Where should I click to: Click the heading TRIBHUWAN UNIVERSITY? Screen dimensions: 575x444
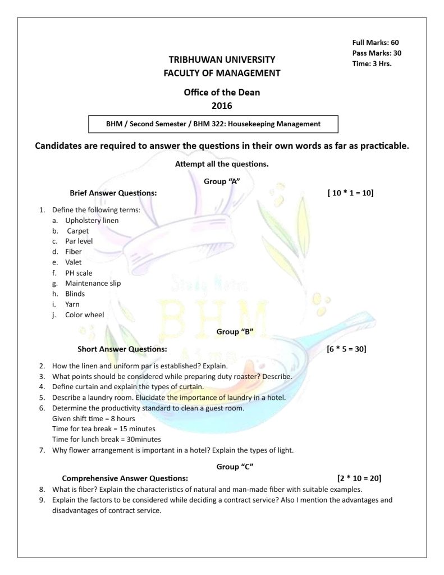click(x=222, y=59)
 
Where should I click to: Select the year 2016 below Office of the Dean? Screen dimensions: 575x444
click(x=222, y=105)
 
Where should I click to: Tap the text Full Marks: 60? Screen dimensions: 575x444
click(x=376, y=43)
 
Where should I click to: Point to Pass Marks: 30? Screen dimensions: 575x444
click(x=377, y=53)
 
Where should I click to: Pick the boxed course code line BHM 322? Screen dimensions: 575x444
click(x=213, y=124)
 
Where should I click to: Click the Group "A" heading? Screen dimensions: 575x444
click(x=222, y=181)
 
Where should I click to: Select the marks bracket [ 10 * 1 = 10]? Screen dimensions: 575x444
click(x=350, y=193)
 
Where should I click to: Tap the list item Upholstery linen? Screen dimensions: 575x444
click(x=91, y=220)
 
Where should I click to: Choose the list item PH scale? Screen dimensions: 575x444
click(x=79, y=273)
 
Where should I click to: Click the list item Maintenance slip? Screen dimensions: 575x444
click(x=93, y=283)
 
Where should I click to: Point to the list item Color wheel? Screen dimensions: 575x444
click(x=84, y=315)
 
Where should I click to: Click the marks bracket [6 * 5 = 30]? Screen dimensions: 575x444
click(x=346, y=349)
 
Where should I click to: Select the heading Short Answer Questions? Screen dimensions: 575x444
click(x=122, y=349)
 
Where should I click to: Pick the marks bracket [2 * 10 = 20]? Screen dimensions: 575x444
click(x=359, y=478)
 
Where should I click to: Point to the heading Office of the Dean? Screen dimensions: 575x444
click(x=222, y=93)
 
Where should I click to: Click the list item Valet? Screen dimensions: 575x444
click(x=73, y=262)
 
